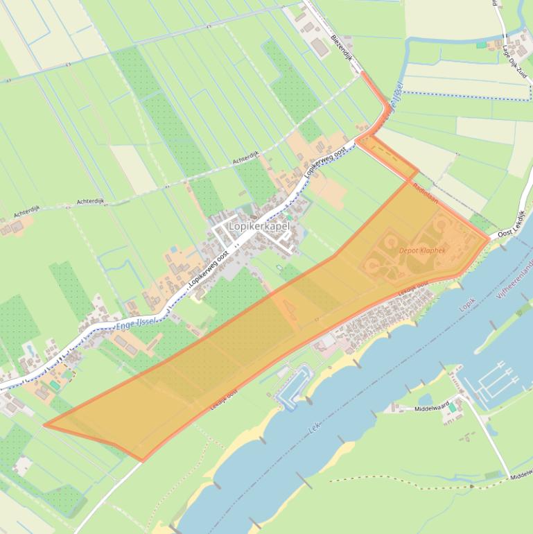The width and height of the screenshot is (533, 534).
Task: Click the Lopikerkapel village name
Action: point(259,226)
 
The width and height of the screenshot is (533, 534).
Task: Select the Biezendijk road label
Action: point(343,48)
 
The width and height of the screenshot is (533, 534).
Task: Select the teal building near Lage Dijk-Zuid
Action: point(481,44)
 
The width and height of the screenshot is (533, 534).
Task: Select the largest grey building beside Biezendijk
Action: point(319,48)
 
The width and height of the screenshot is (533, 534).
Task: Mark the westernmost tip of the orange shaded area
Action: point(44,425)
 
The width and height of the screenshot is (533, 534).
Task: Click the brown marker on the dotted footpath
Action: point(471,486)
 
